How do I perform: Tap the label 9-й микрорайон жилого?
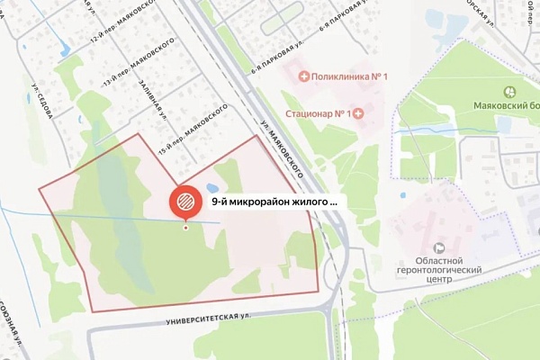point(274,202)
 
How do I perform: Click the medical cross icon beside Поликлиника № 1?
point(303,76)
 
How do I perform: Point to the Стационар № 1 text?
point(317,113)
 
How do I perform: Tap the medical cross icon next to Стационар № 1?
point(358,113)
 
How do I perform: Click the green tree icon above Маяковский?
point(509,91)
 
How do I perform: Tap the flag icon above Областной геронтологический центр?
point(439,247)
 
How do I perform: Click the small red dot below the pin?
point(186,227)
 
